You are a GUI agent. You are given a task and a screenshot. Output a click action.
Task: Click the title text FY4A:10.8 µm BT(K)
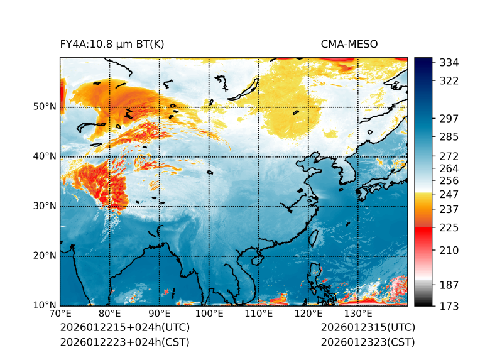(112, 44)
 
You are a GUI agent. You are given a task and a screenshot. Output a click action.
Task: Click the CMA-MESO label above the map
(349, 44)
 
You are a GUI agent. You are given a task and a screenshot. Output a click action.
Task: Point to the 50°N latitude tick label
(44, 107)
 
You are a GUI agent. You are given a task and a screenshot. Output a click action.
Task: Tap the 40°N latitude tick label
(44, 156)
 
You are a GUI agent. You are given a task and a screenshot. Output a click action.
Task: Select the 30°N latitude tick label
(44, 206)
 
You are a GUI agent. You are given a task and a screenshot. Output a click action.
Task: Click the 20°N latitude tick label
(44, 256)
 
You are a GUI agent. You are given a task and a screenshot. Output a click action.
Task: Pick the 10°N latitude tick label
(44, 305)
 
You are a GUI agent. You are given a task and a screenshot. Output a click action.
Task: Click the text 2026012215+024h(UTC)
(124, 327)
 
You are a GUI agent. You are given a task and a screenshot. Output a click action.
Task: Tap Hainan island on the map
(256, 259)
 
